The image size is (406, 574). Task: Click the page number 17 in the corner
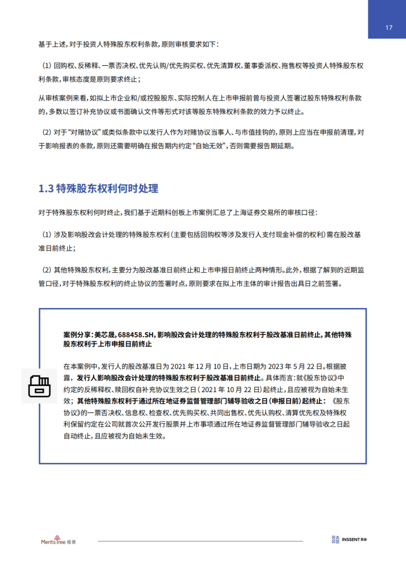tap(388, 27)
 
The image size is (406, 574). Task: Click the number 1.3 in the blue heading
tap(46, 189)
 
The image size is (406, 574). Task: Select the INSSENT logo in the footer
tap(350, 540)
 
